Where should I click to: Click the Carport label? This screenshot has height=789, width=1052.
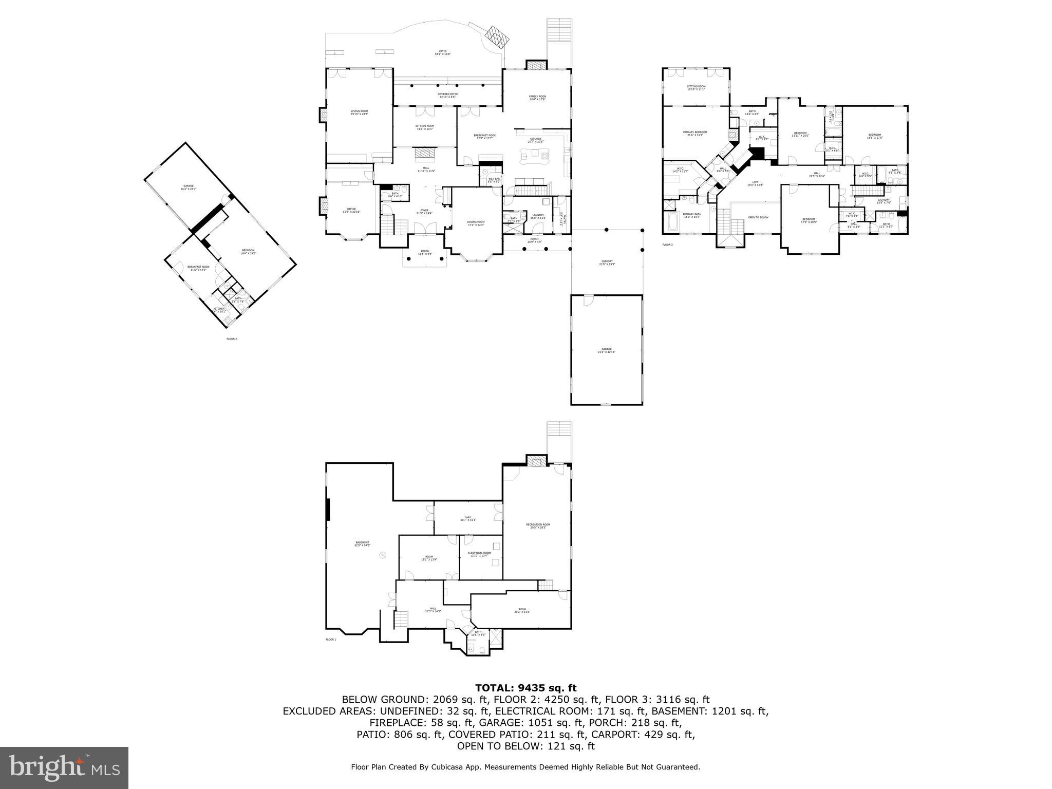pyautogui.click(x=607, y=262)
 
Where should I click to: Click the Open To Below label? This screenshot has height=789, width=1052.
pyautogui.click(x=758, y=217)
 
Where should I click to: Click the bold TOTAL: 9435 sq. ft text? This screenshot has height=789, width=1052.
pyautogui.click(x=525, y=688)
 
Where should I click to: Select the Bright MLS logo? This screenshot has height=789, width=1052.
pyautogui.click(x=64, y=767)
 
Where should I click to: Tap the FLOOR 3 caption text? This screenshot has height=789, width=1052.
pyautogui.click(x=667, y=245)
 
